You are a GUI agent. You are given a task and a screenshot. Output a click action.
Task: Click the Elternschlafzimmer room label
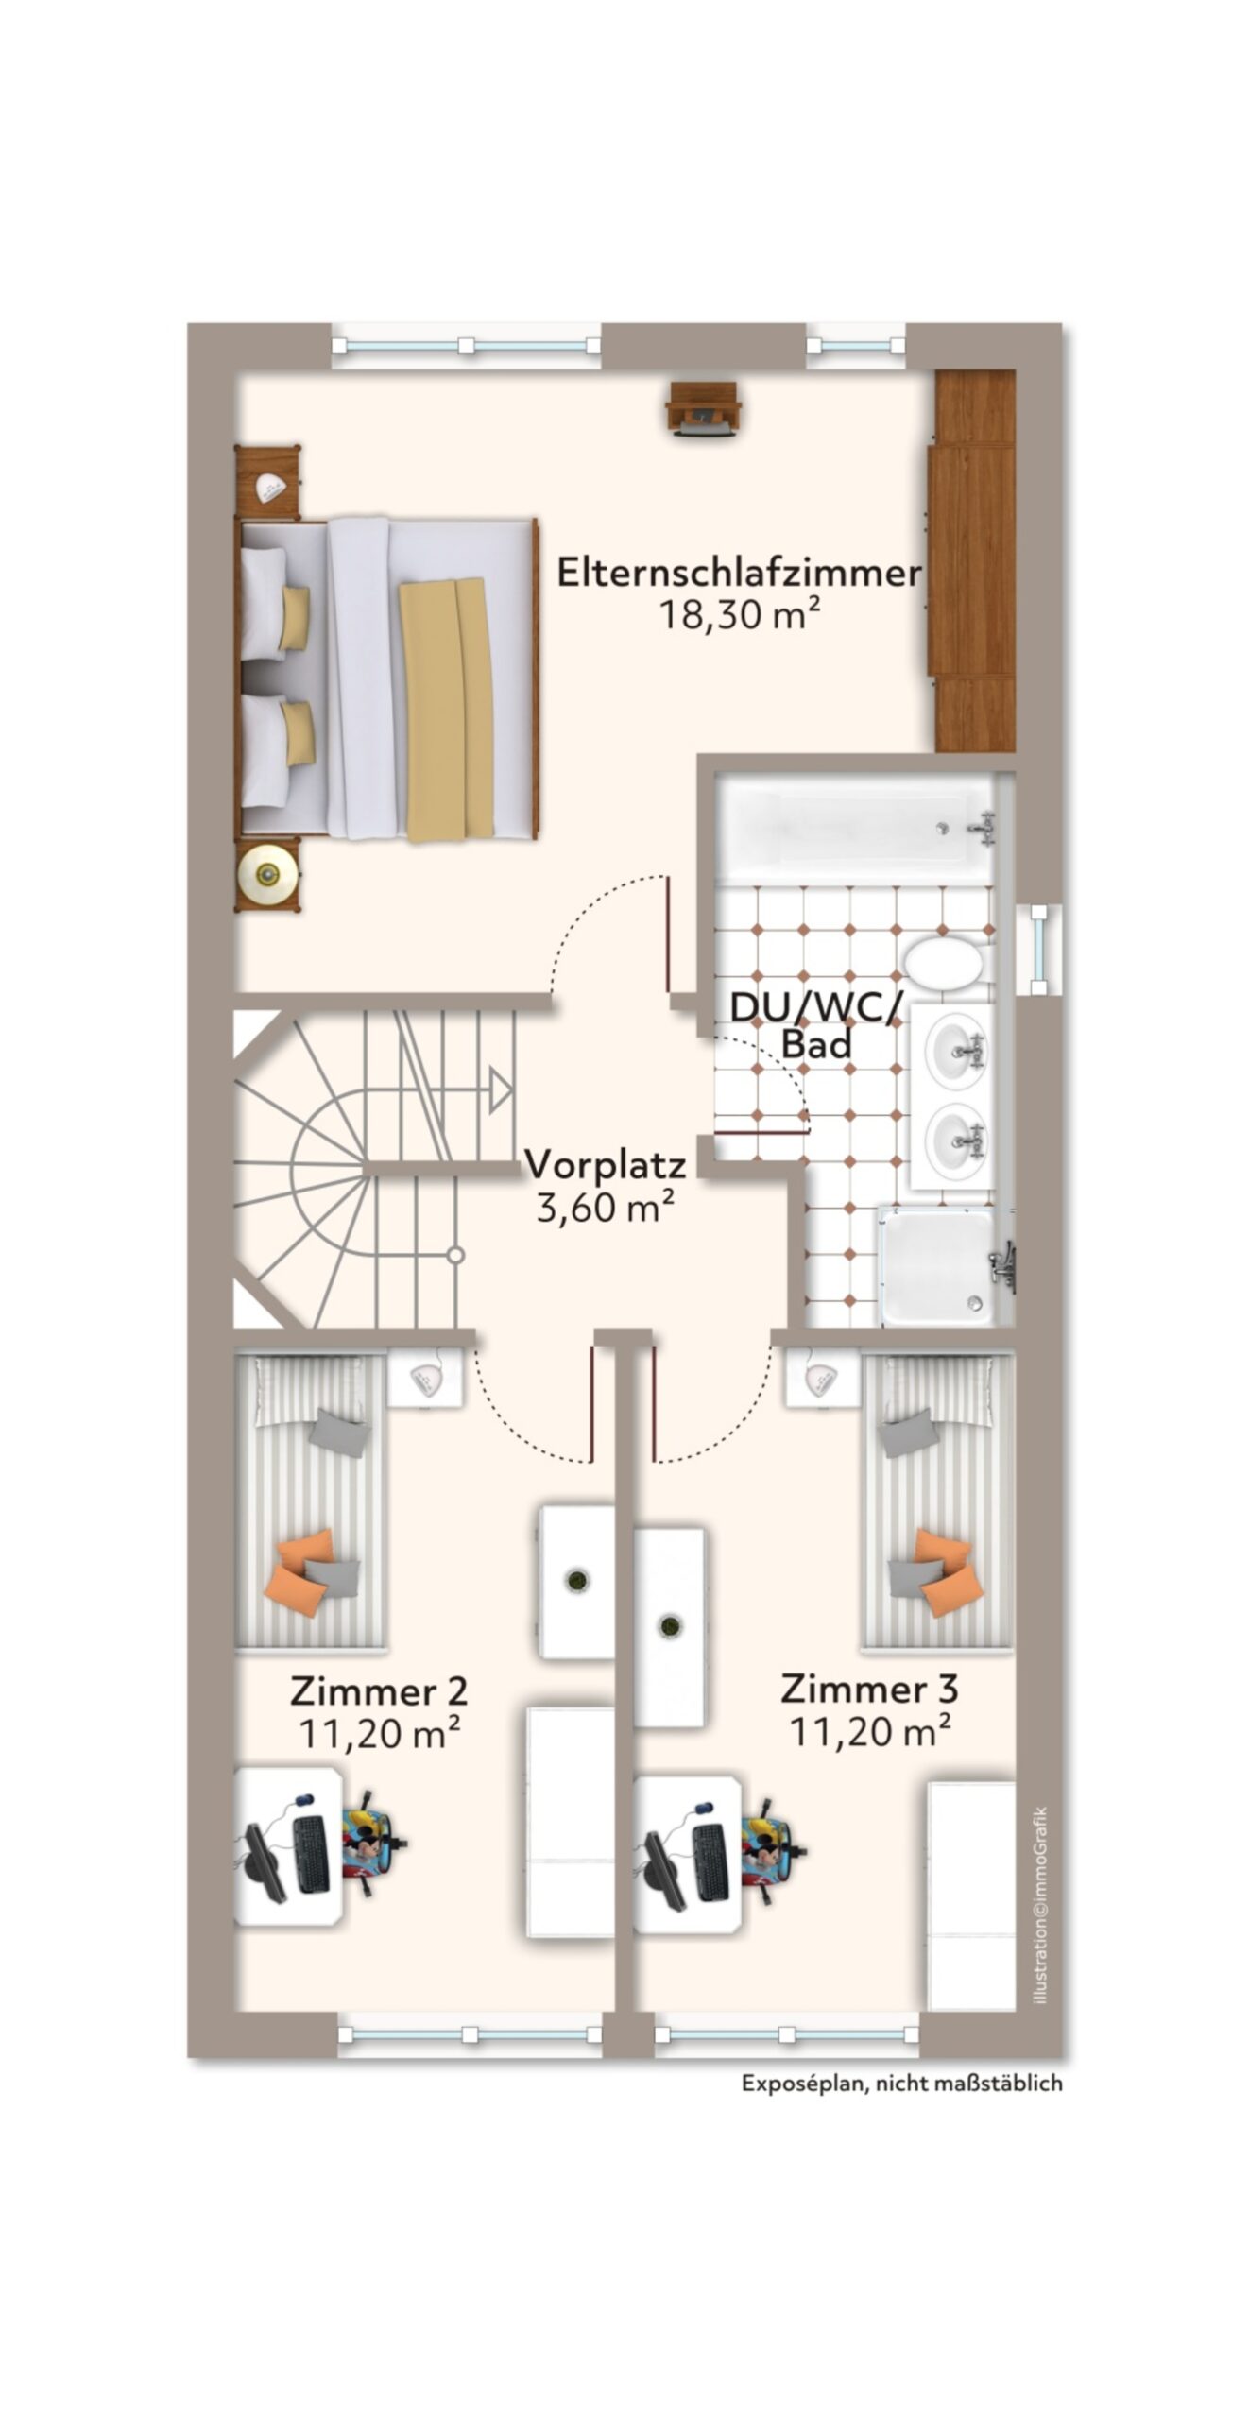[x=739, y=573]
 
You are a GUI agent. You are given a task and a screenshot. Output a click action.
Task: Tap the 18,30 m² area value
[x=739, y=615]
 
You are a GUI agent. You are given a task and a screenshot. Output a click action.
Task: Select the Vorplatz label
[x=605, y=1164]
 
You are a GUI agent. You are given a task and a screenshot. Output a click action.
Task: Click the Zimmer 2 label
[x=378, y=1690]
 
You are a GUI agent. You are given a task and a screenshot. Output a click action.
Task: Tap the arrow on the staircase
[x=500, y=1091]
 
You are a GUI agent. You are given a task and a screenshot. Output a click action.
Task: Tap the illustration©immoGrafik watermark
[x=1040, y=1905]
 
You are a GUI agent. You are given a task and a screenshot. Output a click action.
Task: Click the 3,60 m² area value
[x=605, y=1207]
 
